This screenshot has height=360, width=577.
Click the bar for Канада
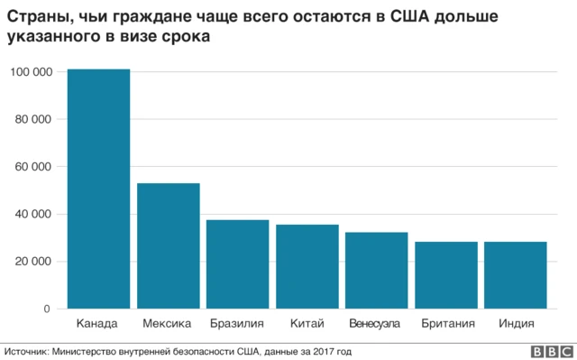click(98, 189)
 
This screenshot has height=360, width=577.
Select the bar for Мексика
click(168, 245)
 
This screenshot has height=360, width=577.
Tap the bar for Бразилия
click(237, 264)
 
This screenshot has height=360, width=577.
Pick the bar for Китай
click(307, 266)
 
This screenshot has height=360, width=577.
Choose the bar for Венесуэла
click(377, 270)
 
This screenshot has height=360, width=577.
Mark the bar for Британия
click(446, 275)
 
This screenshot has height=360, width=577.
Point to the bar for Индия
click(516, 275)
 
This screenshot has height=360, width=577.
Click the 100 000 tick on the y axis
click(30, 72)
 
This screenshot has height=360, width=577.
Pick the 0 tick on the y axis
click(48, 309)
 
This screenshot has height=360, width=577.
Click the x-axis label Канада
click(98, 323)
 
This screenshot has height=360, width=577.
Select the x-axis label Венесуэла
click(377, 323)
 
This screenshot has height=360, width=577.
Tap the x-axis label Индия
click(516, 323)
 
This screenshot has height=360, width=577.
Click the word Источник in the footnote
click(28, 351)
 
